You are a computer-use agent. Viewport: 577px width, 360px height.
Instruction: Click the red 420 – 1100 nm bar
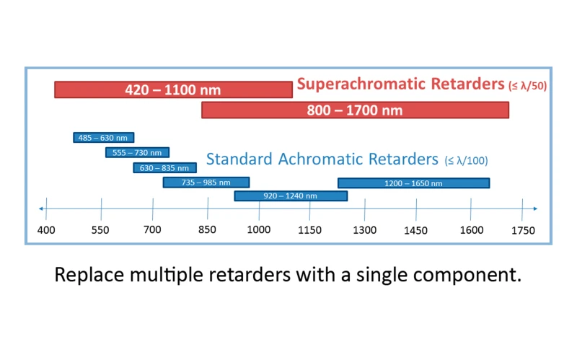[173, 89]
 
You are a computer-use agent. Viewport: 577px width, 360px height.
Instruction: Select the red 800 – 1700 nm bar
[355, 110]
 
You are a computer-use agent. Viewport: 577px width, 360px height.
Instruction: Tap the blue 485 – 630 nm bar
[103, 137]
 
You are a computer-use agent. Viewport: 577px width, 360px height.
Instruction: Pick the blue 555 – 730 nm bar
[137, 152]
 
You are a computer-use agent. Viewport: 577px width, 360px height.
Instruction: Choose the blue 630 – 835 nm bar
[164, 168]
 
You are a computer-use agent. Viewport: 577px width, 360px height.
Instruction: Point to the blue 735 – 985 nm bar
[206, 183]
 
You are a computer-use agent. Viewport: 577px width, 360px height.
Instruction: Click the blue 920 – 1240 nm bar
[291, 196]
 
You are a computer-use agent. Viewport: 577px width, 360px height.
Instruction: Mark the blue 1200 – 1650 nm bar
[413, 183]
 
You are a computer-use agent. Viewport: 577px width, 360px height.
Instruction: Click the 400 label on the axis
[46, 230]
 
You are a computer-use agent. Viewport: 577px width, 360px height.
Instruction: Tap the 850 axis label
[207, 229]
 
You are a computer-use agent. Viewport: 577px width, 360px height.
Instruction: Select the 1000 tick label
[259, 229]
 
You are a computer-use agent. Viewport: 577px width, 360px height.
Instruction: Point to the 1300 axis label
[364, 230]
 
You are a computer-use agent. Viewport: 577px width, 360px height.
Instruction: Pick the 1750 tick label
[523, 230]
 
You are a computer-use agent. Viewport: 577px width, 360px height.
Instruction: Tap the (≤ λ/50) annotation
[527, 86]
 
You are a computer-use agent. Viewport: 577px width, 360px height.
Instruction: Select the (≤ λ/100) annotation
[466, 160]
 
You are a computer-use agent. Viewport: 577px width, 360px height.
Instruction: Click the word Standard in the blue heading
[239, 159]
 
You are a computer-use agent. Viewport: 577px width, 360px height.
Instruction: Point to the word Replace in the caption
[89, 275]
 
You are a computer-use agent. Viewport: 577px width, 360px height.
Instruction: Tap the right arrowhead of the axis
[535, 208]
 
